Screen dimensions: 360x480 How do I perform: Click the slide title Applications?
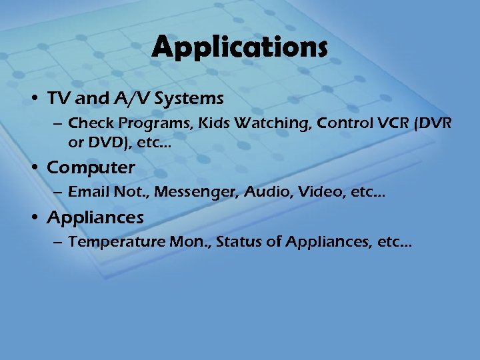coord(240,48)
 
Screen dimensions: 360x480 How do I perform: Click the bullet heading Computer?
coord(91,167)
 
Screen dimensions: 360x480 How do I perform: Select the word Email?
coord(87,192)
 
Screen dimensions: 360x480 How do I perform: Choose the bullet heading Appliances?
coord(95,217)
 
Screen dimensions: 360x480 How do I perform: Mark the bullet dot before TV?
coord(37,99)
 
